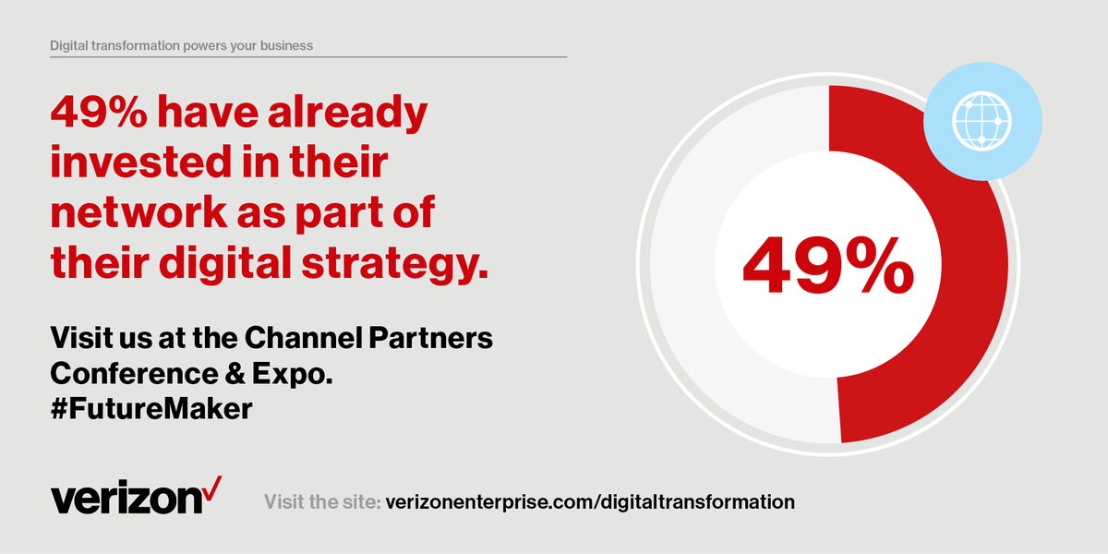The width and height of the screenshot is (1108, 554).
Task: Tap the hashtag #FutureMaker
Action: [x=151, y=409]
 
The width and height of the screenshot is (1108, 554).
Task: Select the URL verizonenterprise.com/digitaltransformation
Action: [x=589, y=502]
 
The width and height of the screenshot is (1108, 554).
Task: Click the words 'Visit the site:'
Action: [x=321, y=502]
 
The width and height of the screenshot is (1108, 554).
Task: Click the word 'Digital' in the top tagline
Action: [x=75, y=44]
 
